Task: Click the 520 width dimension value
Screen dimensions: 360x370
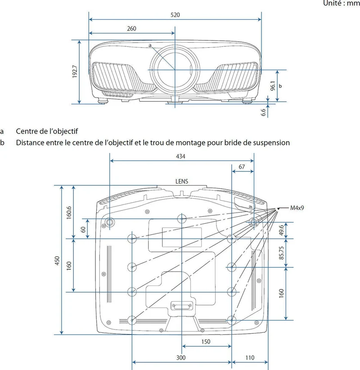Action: click(175, 15)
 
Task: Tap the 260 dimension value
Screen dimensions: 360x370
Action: click(131, 29)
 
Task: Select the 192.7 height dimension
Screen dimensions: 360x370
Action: click(75, 71)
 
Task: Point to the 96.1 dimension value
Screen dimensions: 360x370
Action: click(273, 86)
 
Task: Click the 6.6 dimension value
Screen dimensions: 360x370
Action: click(263, 112)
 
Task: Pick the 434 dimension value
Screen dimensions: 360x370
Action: click(180, 156)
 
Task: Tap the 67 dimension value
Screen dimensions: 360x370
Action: click(242, 167)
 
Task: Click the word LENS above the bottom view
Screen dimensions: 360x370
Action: click(182, 182)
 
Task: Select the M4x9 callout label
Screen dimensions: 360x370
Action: click(297, 208)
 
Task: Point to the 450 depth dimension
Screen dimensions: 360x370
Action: click(57, 261)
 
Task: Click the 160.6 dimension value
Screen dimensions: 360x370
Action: click(69, 213)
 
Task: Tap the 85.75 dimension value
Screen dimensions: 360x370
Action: click(281, 253)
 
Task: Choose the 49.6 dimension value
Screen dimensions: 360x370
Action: click(281, 230)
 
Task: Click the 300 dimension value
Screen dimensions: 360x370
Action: click(181, 358)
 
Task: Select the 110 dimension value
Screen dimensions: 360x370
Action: click(250, 358)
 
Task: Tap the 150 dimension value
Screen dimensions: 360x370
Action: click(206, 342)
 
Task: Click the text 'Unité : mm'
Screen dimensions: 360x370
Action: click(342, 3)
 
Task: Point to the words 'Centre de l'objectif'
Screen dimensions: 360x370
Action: click(47, 131)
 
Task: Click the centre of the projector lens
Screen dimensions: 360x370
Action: click(175, 70)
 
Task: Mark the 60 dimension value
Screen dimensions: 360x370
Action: click(83, 229)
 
